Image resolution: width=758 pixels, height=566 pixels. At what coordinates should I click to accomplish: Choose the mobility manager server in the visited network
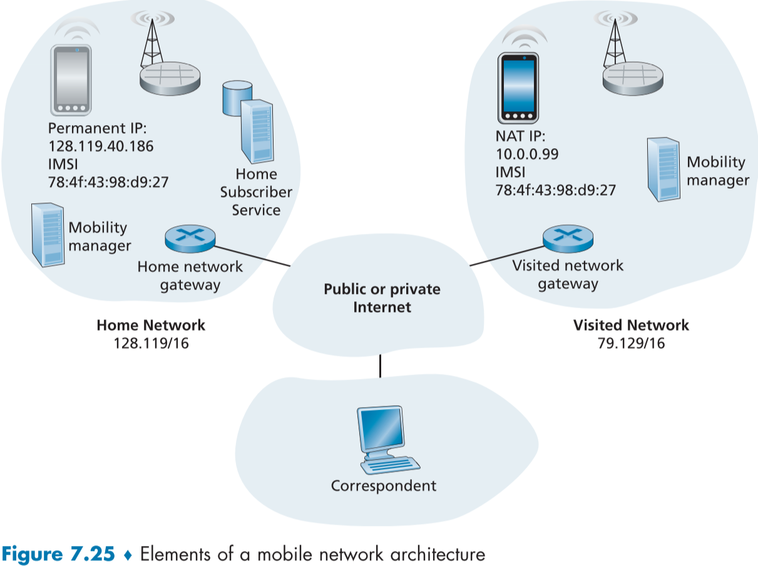pyautogui.click(x=663, y=168)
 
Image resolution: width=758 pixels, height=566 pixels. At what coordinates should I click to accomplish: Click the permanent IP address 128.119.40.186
pyautogui.click(x=101, y=147)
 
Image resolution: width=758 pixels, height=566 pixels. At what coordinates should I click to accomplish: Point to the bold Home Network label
pyautogui.click(x=150, y=325)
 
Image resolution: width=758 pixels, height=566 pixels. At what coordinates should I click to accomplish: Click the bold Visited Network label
pyautogui.click(x=631, y=325)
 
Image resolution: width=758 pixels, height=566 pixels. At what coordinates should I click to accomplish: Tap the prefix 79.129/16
pyautogui.click(x=631, y=343)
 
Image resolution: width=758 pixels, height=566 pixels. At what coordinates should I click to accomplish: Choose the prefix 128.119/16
pyautogui.click(x=150, y=343)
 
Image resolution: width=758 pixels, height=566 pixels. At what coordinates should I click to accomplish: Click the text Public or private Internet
pyautogui.click(x=382, y=298)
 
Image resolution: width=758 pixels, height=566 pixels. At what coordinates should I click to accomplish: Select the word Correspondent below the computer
pyautogui.click(x=383, y=486)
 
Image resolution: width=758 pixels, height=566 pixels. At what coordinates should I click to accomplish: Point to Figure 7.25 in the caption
pyautogui.click(x=59, y=554)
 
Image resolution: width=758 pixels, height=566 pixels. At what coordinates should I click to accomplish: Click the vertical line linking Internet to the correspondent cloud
pyautogui.click(x=380, y=366)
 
